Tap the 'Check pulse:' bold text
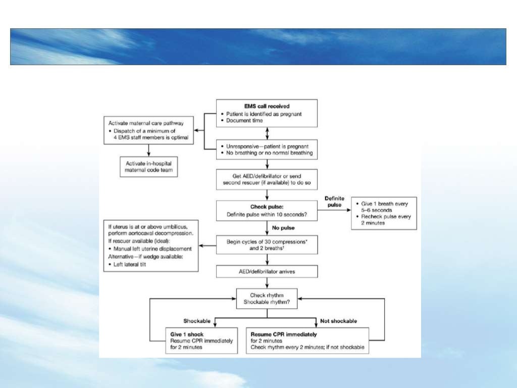click(267, 207)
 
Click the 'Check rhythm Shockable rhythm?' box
click(267, 299)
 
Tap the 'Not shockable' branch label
click(338, 321)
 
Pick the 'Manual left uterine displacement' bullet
click(153, 250)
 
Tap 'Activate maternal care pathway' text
click(143, 123)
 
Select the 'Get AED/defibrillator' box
click(267, 179)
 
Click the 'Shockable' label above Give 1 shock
click(194, 321)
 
